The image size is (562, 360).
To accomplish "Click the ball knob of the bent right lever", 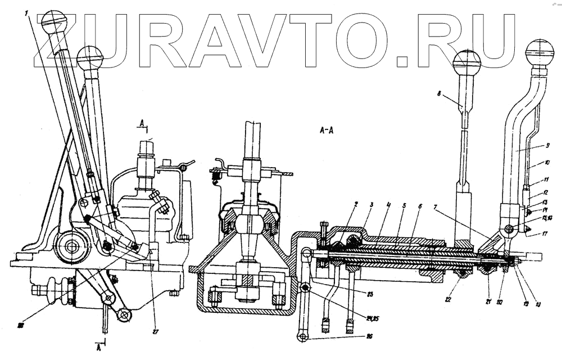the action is (540, 53).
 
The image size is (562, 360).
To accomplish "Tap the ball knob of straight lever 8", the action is (467, 62).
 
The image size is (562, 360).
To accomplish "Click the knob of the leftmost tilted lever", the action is (54, 23).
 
